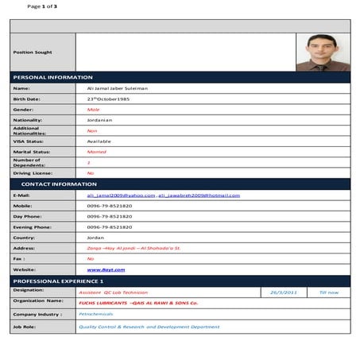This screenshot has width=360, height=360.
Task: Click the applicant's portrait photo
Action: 323,52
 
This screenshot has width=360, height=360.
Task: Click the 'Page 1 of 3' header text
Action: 42,7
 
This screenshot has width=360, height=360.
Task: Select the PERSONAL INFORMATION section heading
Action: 53,77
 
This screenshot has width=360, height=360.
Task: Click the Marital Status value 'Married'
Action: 96,151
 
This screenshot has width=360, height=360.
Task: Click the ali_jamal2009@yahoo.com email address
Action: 121,195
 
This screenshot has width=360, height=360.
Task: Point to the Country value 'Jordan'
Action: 95,237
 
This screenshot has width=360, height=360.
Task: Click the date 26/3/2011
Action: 284,292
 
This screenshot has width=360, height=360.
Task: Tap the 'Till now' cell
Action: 328,292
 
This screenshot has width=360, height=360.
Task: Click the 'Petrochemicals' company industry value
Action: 101,314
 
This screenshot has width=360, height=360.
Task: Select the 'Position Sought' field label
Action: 33,52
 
